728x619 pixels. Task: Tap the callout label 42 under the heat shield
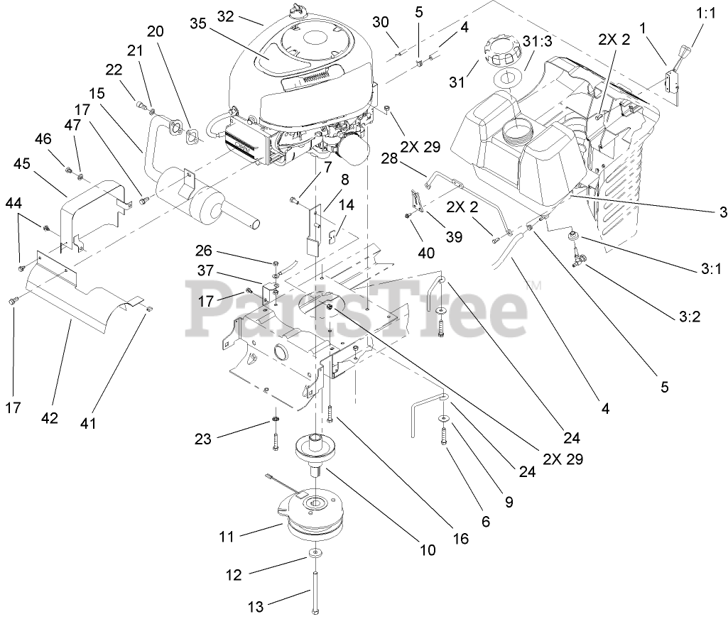pos(49,418)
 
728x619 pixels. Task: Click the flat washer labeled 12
pos(315,552)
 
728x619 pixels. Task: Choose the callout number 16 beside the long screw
pos(460,539)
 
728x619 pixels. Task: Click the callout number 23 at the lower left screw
pos(203,439)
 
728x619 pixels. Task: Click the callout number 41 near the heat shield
pos(108,423)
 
